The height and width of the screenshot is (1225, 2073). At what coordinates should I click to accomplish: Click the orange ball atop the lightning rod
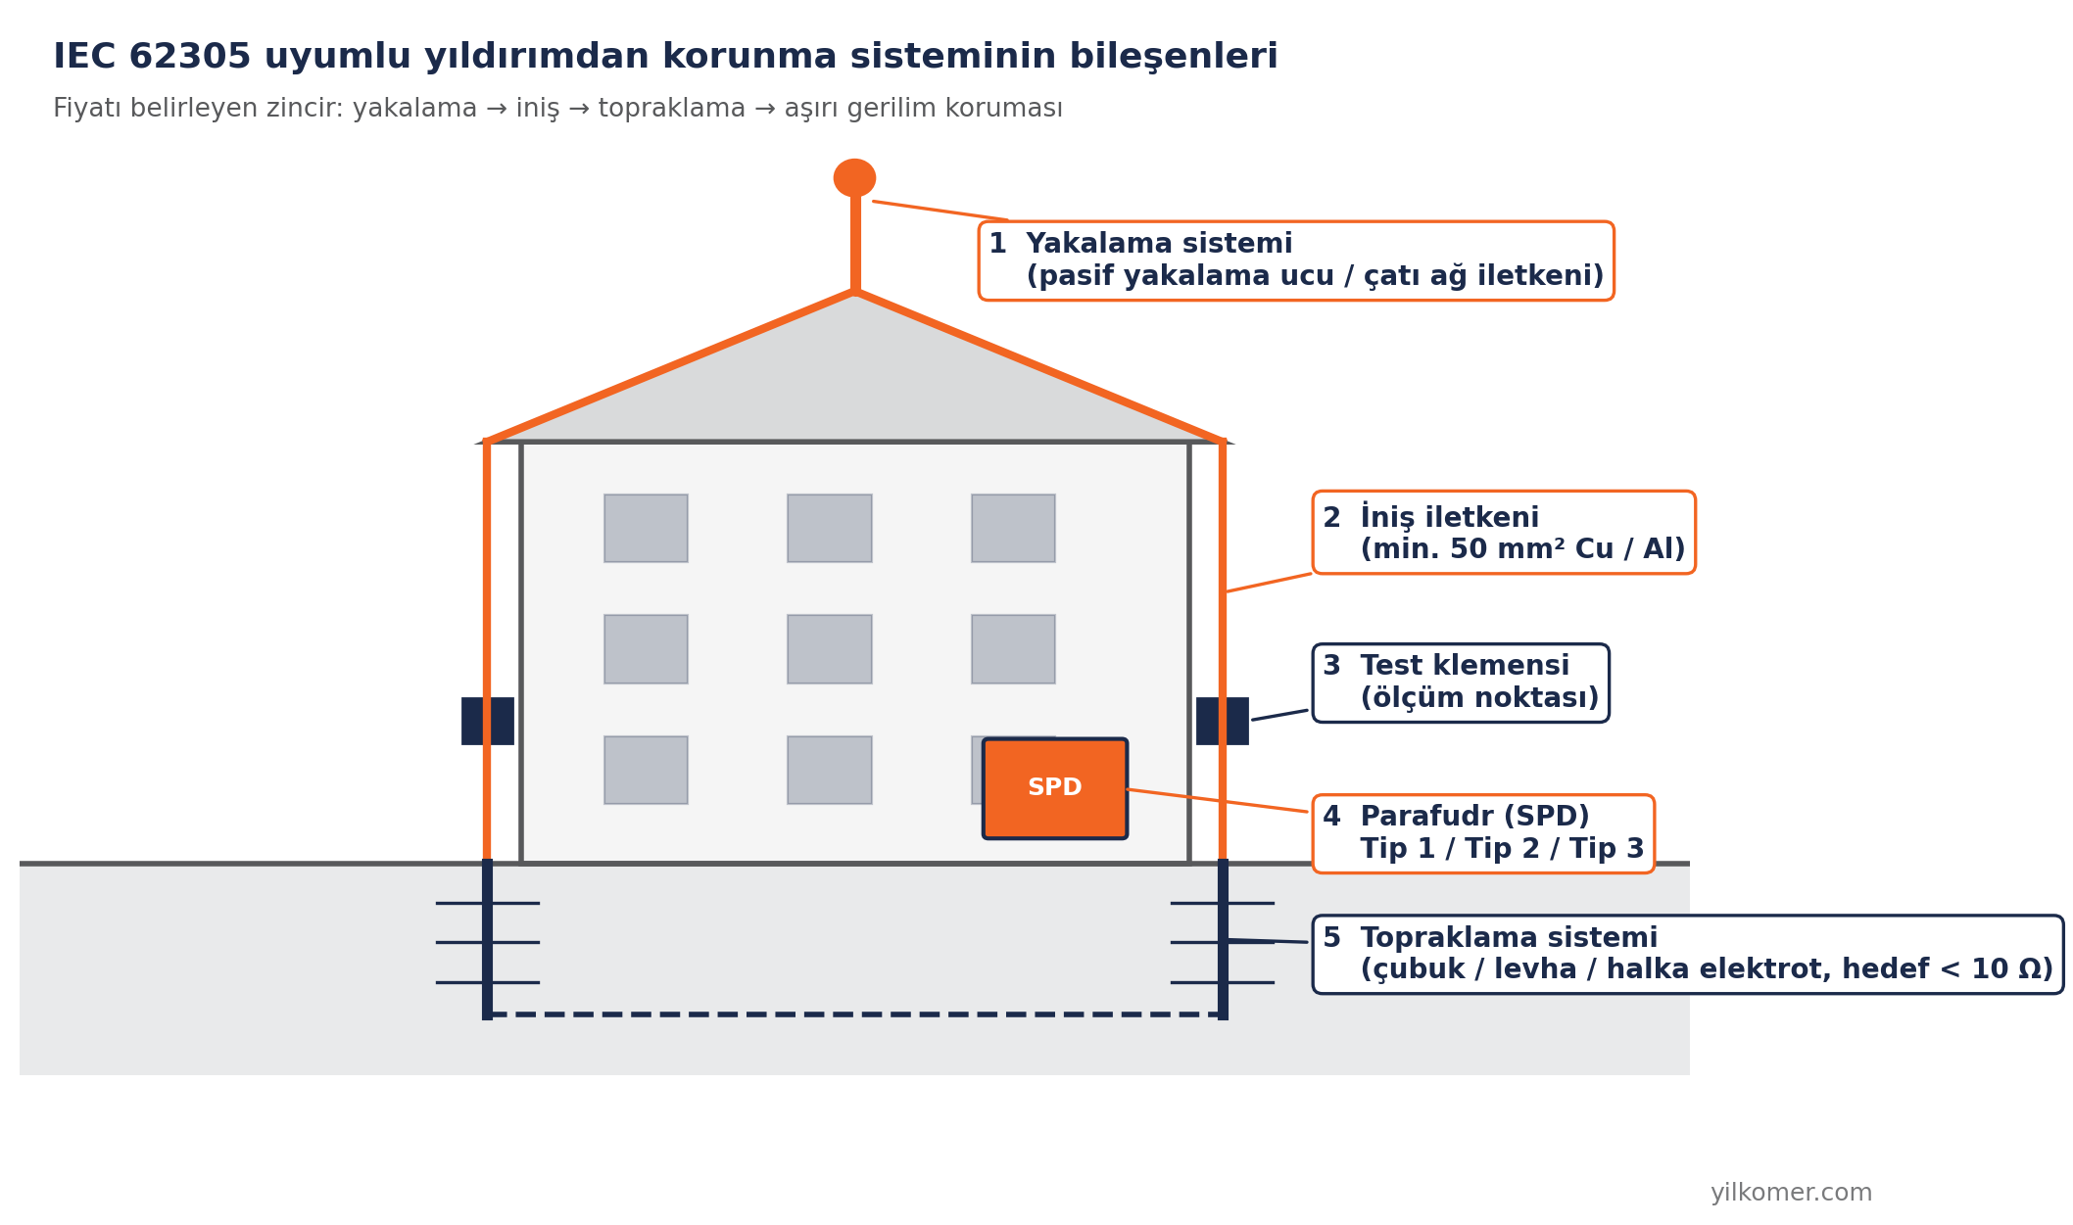coord(854,178)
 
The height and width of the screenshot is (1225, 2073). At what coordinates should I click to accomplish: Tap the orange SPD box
coord(1055,788)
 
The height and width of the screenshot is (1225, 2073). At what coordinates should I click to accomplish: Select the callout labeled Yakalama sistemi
coord(1296,260)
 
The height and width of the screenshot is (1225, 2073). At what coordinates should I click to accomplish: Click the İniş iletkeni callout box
coord(1504,533)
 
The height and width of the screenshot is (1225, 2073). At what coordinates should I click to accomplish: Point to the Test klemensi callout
coord(1461,683)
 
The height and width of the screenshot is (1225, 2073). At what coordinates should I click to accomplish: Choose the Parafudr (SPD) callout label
coord(1483,833)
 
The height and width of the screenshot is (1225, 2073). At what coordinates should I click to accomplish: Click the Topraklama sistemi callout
coord(1688,955)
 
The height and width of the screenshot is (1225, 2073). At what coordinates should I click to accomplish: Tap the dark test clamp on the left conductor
coord(488,721)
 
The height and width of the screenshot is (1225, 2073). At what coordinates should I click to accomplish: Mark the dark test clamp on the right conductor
coord(1223,721)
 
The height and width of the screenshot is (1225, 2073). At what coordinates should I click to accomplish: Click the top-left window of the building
coord(646,528)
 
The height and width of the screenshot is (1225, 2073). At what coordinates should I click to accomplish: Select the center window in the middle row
coord(830,649)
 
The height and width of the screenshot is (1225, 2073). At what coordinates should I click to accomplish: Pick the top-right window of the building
coord(1013,528)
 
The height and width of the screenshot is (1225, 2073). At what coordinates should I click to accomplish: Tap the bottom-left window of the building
coord(646,770)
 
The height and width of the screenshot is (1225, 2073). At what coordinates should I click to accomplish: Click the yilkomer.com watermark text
coord(1791,1193)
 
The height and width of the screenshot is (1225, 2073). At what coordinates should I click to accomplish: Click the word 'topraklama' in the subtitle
coord(672,109)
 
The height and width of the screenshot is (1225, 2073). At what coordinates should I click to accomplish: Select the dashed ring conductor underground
coord(854,1013)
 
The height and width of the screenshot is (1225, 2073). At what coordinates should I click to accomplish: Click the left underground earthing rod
coord(487,940)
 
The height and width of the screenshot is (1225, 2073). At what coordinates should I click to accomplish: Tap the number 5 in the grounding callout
coord(1331,938)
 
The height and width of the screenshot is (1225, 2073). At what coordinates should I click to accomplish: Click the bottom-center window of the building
coord(830,770)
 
